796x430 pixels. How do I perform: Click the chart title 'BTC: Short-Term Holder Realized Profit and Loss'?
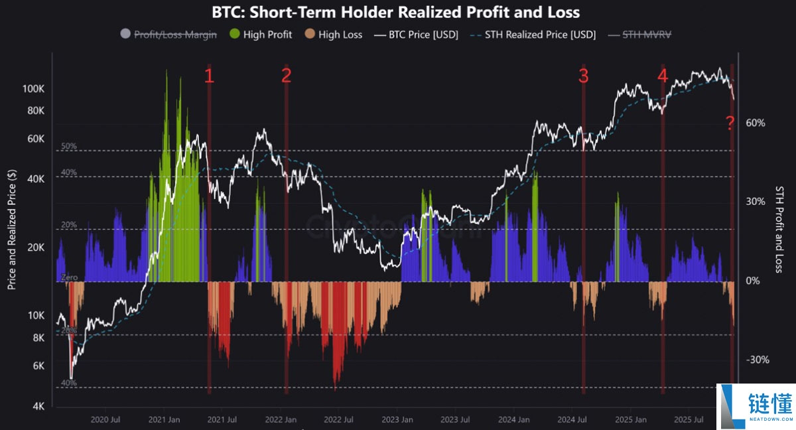pyautogui.click(x=395, y=12)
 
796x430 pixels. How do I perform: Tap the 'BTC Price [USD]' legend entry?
pyautogui.click(x=415, y=34)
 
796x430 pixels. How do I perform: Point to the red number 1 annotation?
pyautogui.click(x=209, y=76)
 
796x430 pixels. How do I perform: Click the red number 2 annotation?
pyautogui.click(x=286, y=76)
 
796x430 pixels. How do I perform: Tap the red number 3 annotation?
pyautogui.click(x=583, y=76)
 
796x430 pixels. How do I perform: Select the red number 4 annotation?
pyautogui.click(x=662, y=76)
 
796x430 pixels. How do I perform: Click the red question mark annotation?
pyautogui.click(x=730, y=123)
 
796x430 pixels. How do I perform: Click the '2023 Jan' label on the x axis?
pyautogui.click(x=397, y=419)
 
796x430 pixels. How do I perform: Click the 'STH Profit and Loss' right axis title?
pyautogui.click(x=780, y=229)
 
